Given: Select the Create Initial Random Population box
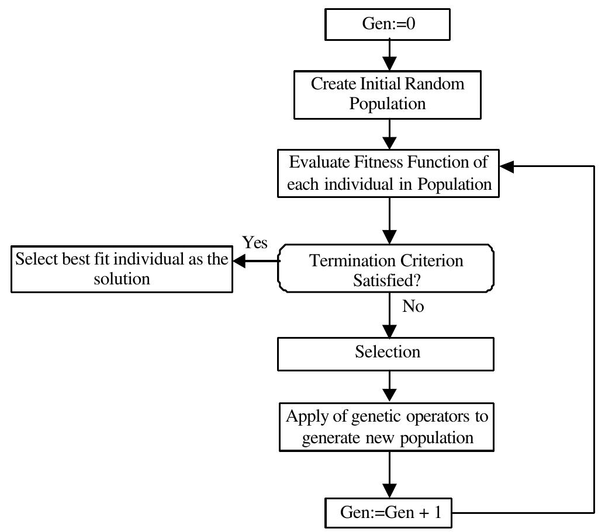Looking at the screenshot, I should (x=388, y=94).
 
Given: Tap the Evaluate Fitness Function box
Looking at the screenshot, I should (x=388, y=173).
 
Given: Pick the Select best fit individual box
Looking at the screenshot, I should (x=122, y=269).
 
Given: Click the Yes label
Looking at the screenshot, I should (x=255, y=242).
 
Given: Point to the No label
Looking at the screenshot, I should (x=413, y=306).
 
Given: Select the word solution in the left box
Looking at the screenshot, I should (x=122, y=279).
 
